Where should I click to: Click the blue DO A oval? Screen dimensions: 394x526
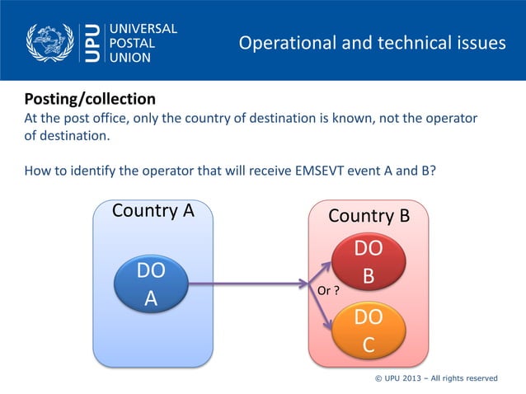tap(151, 284)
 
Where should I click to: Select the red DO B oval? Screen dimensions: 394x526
tap(369, 262)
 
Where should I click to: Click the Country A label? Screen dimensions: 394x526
tap(153, 210)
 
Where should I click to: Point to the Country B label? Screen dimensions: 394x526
tap(369, 216)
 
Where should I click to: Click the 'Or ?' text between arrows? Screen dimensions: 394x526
tap(329, 291)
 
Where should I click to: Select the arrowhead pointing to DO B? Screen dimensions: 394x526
tap(327, 267)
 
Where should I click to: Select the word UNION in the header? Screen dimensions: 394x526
tap(129, 58)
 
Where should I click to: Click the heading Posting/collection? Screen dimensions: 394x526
tap(89, 99)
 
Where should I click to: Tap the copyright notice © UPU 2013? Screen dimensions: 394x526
tap(436, 378)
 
